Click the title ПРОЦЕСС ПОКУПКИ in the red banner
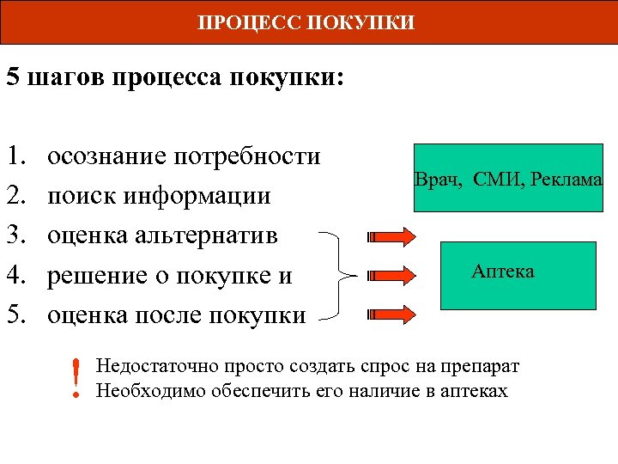tap(306, 21)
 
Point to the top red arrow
tap(393, 236)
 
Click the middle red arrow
tap(393, 276)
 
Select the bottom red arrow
tap(393, 315)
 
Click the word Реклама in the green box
tap(566, 180)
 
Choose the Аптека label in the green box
tap(503, 272)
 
